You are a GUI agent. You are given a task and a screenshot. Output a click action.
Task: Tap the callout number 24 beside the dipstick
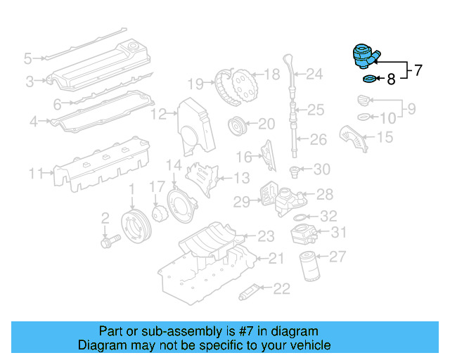314,73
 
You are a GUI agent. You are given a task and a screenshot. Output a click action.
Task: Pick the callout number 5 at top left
28,58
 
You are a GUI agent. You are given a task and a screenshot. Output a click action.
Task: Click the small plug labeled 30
297,170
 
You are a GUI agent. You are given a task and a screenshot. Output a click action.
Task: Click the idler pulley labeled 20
238,127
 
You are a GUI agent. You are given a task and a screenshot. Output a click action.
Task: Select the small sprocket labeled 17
157,212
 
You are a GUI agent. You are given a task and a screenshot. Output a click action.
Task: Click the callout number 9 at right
411,108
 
